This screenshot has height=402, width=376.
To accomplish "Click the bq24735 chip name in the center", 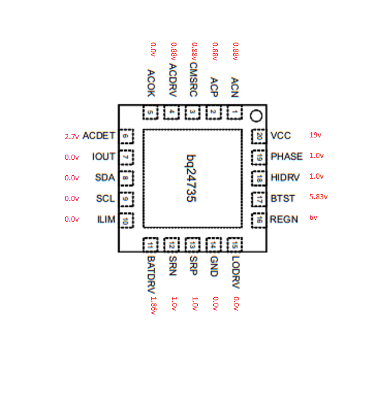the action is click(x=191, y=179).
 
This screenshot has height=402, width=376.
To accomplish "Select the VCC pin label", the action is click(x=280, y=136).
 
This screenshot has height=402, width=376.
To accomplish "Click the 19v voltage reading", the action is click(x=315, y=135).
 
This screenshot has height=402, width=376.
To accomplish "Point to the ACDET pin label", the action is click(x=99, y=136).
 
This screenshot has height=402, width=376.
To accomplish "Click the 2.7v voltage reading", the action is click(x=72, y=137).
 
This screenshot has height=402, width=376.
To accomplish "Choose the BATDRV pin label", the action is click(x=151, y=274).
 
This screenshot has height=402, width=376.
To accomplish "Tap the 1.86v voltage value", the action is click(x=154, y=306).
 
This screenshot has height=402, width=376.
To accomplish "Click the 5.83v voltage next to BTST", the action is click(x=318, y=197).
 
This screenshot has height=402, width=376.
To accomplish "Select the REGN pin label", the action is click(x=284, y=219).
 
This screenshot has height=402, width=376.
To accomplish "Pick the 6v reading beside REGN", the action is click(x=314, y=218).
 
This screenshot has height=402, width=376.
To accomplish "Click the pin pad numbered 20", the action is click(x=258, y=136).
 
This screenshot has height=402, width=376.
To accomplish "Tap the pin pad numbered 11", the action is click(x=150, y=245).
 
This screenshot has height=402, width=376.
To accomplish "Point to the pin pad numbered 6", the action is click(x=126, y=136).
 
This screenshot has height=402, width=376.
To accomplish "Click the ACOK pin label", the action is click(x=151, y=83).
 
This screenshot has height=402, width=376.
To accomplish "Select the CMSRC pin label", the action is click(x=193, y=80).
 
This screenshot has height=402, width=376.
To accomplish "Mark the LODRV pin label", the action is click(x=236, y=272).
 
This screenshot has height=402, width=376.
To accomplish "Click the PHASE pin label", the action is click(x=287, y=156).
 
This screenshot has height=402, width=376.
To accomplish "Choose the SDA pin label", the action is click(x=105, y=178).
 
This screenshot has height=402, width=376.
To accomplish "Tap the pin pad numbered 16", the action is click(x=258, y=220).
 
